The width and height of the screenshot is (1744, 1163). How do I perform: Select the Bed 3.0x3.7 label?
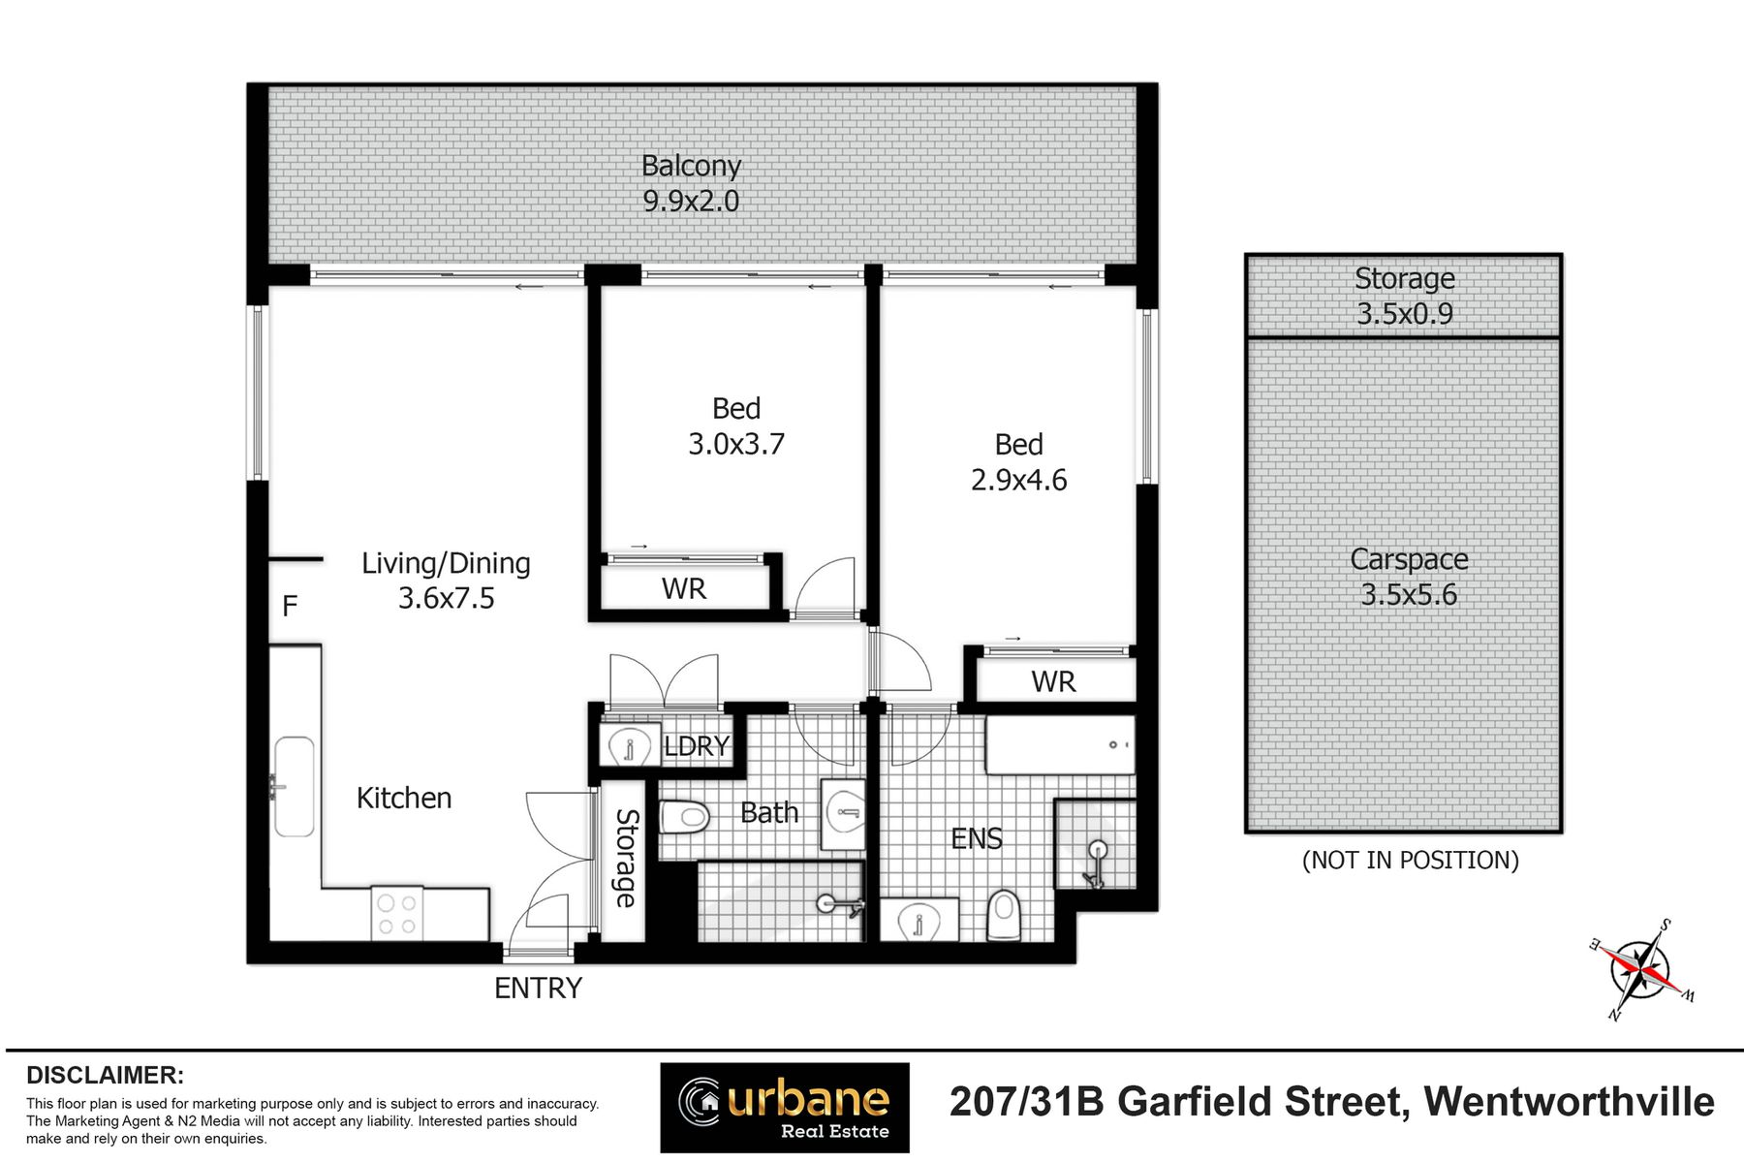click(736, 426)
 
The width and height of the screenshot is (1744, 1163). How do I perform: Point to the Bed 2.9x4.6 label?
click(1019, 462)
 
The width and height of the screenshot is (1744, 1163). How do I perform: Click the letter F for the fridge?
click(290, 607)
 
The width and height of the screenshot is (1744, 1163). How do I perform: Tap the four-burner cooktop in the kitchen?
click(397, 914)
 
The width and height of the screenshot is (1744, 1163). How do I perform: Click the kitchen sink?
click(294, 787)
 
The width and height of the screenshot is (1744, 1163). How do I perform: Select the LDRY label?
click(697, 746)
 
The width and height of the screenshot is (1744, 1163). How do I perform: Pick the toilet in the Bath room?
click(685, 817)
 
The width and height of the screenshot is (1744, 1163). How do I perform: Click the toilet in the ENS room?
click(1005, 916)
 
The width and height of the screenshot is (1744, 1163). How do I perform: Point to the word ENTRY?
click(539, 989)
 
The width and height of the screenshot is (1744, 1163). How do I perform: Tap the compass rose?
click(1641, 969)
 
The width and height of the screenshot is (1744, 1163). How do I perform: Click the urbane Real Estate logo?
click(785, 1108)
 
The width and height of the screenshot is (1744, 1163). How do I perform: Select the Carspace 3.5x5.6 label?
click(1409, 577)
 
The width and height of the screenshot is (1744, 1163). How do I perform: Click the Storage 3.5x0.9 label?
click(1405, 296)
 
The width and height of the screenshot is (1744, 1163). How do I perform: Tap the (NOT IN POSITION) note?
click(1411, 861)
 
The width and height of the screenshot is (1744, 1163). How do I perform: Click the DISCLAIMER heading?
click(105, 1076)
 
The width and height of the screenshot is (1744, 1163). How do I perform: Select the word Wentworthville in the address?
click(1569, 1103)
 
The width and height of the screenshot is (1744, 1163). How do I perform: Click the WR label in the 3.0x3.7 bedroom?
click(684, 589)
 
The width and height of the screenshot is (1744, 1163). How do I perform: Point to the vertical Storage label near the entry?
click(627, 859)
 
